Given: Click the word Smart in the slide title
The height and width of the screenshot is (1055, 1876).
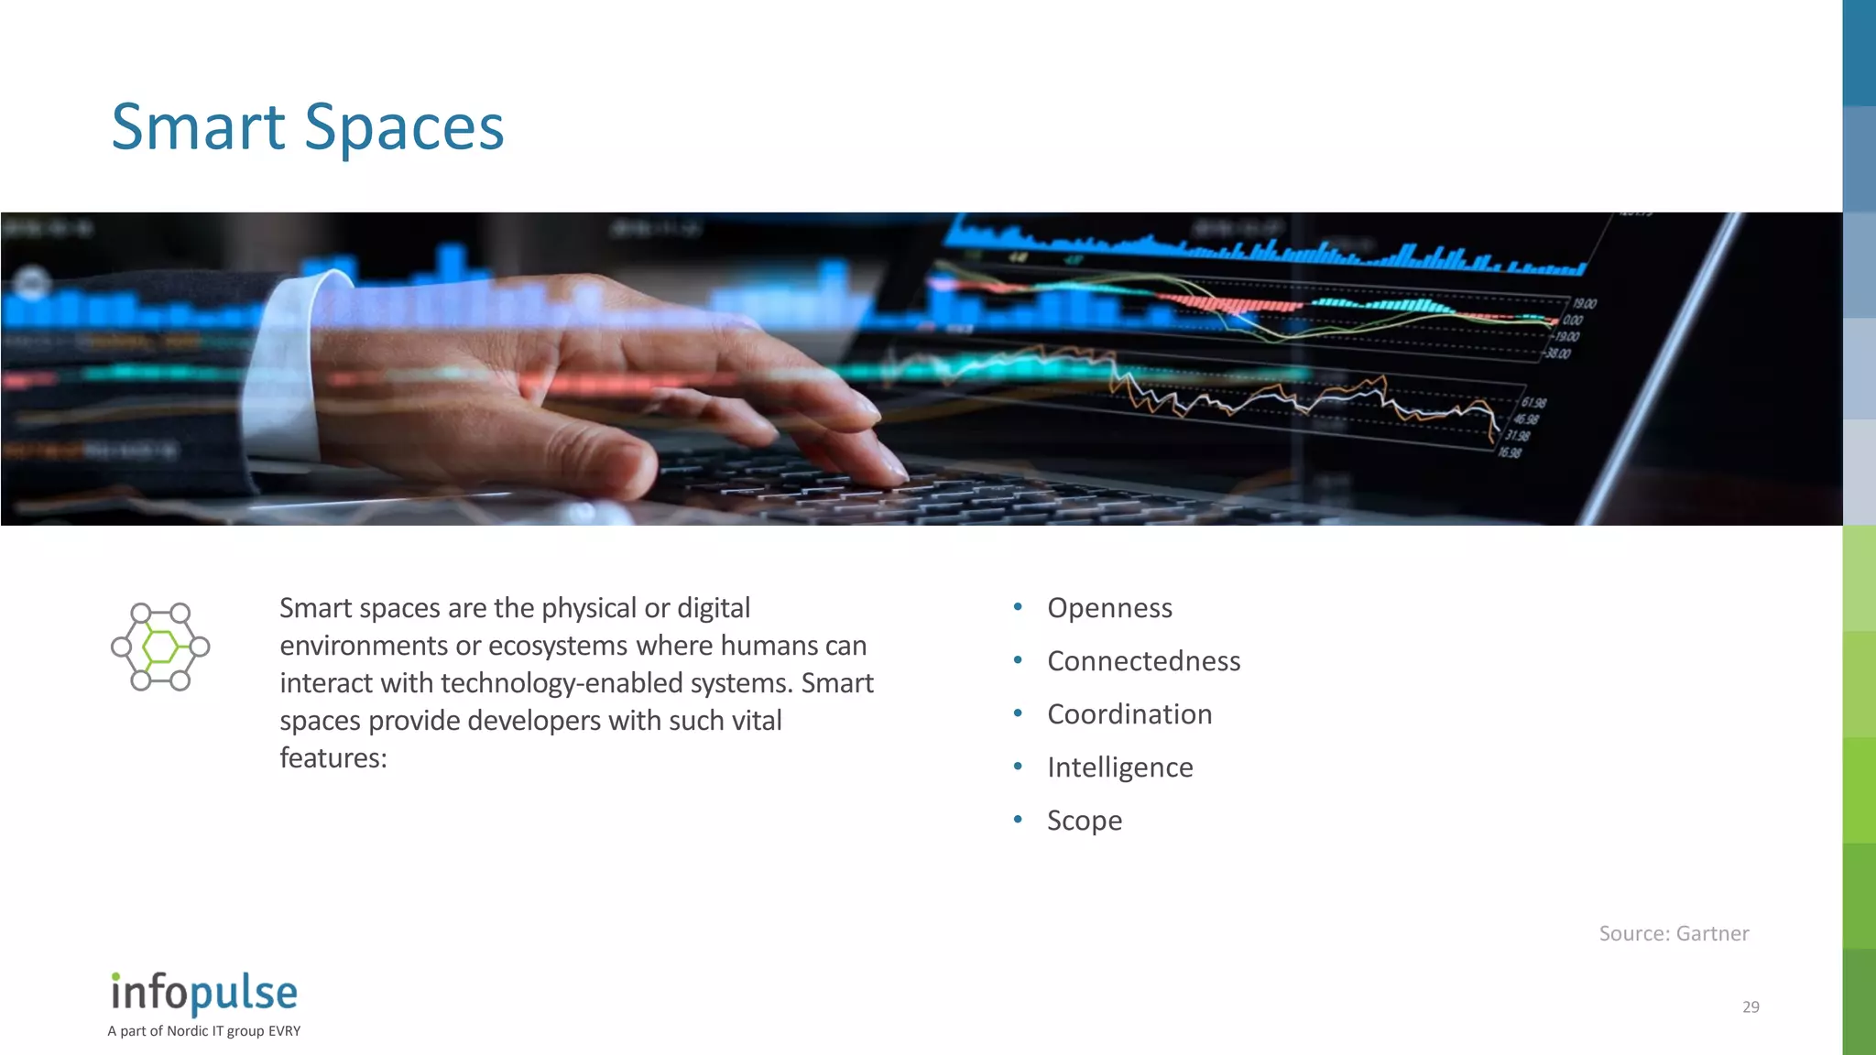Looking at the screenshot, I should (x=198, y=127).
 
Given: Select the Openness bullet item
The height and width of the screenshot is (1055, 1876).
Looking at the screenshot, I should (x=1109, y=608).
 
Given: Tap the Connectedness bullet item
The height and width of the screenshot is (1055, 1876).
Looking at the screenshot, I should (x=1143, y=661).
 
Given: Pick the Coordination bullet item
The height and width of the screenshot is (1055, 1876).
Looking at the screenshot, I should (x=1129, y=714).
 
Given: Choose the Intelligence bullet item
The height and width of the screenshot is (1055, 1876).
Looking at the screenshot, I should (x=1119, y=767).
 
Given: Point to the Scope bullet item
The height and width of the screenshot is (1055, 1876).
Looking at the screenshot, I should (x=1085, y=821).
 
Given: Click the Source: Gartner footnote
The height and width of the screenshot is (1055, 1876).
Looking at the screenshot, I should (x=1674, y=933).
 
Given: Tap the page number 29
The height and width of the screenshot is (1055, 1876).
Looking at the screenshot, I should (x=1751, y=1006).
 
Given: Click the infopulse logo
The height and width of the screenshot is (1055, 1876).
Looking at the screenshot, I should (x=204, y=993).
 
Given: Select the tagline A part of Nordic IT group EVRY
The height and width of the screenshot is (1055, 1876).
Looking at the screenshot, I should (x=203, y=1031).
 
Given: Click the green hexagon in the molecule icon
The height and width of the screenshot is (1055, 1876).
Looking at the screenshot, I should (x=161, y=647).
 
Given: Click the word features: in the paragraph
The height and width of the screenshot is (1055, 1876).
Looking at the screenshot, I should (x=333, y=758).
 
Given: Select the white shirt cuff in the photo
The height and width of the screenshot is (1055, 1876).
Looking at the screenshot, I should (x=289, y=366).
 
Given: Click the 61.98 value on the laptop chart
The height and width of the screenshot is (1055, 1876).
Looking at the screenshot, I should (x=1534, y=403).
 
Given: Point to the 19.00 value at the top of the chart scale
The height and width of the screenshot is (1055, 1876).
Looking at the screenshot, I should (x=1585, y=304).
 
